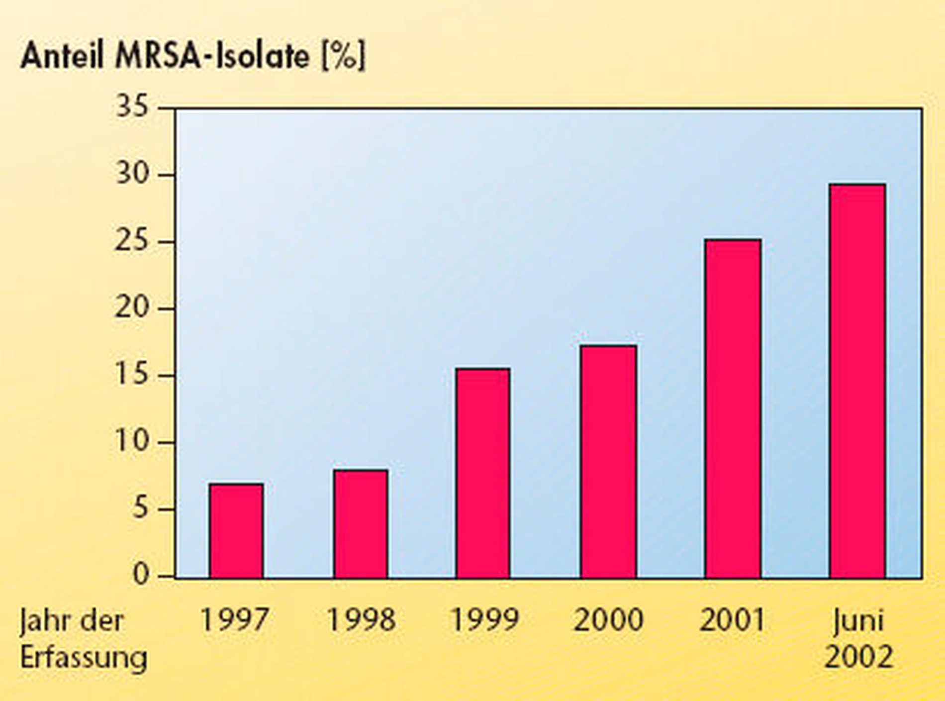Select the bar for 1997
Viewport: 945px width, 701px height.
coord(236,530)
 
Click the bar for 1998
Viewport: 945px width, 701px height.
coord(361,523)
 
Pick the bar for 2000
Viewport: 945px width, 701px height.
coord(608,461)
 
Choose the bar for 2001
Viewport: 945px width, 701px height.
coord(733,408)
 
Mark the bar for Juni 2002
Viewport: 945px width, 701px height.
coord(857,381)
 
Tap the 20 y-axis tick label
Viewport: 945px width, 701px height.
coord(132,308)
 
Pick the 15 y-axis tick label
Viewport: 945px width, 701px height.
coord(132,375)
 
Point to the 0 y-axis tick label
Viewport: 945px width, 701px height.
coord(141,575)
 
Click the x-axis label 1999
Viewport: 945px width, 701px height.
coord(484,620)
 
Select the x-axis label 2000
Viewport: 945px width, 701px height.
coord(608,620)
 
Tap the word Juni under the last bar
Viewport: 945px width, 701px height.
coord(858,621)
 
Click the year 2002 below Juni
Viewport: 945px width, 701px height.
coord(858,657)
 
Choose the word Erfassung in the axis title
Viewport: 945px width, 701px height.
coord(84,657)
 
